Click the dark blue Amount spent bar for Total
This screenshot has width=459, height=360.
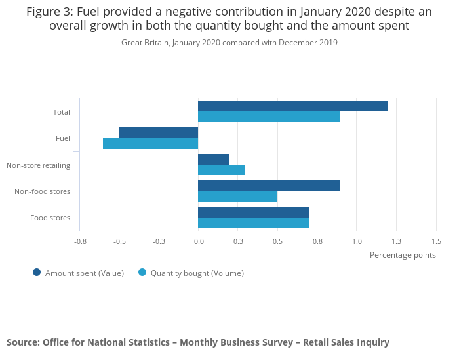[x=292, y=106]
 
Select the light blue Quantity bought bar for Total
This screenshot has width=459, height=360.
[x=269, y=117]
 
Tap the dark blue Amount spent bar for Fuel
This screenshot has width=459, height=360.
[x=158, y=132]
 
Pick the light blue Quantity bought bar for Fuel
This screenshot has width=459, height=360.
[x=150, y=144]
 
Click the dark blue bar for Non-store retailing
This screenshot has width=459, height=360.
[x=213, y=159]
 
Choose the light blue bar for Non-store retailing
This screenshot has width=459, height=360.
[x=221, y=170]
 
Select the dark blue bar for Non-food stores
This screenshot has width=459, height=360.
[x=269, y=186]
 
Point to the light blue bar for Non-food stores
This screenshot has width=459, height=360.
[x=237, y=196]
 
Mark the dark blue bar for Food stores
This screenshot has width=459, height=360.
[x=253, y=212]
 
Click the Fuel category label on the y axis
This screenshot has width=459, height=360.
[x=63, y=138]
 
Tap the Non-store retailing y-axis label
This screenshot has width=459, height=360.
[x=38, y=165]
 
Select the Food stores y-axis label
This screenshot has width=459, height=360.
[x=50, y=218]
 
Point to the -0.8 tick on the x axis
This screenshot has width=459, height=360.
[x=80, y=241]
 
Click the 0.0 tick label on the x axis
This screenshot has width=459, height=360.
[x=199, y=241]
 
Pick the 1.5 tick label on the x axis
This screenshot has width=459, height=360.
[x=436, y=241]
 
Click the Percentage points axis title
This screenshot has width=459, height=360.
[x=403, y=255]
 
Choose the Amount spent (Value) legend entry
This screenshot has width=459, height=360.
[x=84, y=273]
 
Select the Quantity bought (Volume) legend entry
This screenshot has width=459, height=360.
[x=197, y=273]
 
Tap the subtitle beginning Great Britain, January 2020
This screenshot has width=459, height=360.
[x=229, y=43]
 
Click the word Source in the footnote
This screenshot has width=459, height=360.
[x=22, y=342]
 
